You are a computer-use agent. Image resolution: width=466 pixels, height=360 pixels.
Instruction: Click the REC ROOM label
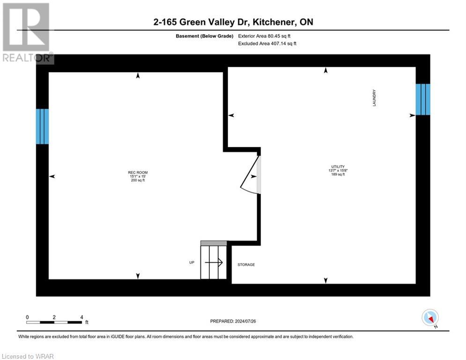tap(138, 172)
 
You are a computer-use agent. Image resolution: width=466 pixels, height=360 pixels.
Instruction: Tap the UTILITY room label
tap(338, 166)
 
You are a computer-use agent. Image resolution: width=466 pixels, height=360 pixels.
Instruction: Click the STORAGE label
tap(246, 265)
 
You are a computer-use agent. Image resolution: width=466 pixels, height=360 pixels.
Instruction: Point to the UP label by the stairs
tap(192, 262)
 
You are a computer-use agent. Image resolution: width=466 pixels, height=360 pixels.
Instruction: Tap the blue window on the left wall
tap(42, 127)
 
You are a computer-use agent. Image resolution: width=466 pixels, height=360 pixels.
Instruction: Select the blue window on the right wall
tap(422, 99)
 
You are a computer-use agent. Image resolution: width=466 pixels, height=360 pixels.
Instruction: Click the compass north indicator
tap(430, 318)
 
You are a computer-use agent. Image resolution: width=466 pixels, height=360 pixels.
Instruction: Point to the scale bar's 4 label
tap(81, 317)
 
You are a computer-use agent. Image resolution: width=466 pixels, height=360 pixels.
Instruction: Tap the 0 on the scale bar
tap(28, 317)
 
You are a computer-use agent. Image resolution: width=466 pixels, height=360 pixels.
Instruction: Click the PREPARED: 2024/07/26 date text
tap(233, 321)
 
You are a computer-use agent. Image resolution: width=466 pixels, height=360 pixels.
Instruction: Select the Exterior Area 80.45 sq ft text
tap(267, 36)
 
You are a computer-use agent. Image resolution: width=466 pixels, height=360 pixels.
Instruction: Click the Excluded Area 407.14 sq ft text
tap(267, 44)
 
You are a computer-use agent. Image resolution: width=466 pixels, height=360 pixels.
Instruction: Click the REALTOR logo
tap(27, 33)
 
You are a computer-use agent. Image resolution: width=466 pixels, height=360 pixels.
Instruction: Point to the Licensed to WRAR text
tap(28, 356)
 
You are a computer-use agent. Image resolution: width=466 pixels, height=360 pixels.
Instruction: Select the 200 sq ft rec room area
tap(138, 180)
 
